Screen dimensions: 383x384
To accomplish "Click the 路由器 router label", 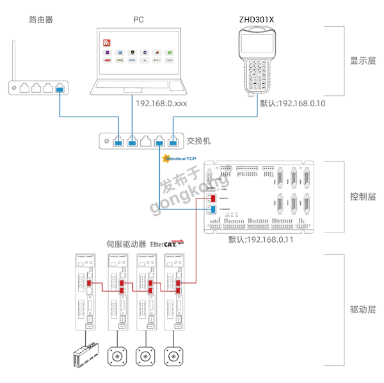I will pos(39,20).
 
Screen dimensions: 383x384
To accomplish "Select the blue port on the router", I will pos(60,88).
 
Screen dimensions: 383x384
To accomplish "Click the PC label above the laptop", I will pos(138,20).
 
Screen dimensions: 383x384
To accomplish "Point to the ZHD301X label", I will pos(256,19).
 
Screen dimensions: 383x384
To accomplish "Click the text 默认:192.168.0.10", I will pos(293,104).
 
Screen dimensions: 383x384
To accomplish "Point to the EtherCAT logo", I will pos(166,243).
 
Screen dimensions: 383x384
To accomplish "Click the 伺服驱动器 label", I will pos(126,244).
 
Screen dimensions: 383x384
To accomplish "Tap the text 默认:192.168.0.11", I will pos(260,240).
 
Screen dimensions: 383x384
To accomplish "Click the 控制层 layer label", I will pos(362,197).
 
